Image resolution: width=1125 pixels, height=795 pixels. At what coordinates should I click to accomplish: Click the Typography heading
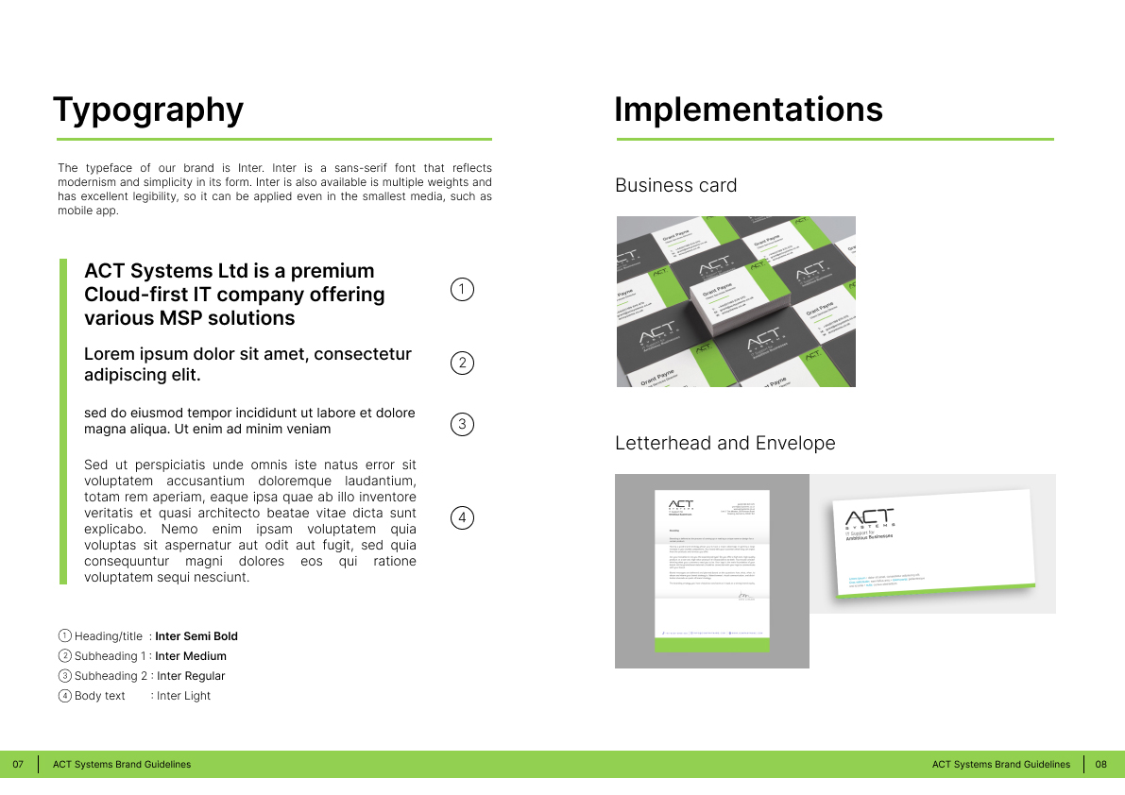pos(148,110)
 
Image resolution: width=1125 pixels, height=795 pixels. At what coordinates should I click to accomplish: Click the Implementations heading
pos(748,110)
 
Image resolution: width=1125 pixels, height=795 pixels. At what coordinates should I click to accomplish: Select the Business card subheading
pos(675,185)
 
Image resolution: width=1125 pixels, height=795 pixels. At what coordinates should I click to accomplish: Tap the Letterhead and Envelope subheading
pos(724,443)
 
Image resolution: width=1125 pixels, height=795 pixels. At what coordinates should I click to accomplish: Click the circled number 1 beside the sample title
pos(462,290)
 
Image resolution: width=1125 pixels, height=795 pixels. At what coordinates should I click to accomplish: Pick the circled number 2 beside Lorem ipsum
pos(462,363)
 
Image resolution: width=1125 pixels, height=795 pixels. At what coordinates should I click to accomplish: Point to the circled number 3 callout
pos(462,424)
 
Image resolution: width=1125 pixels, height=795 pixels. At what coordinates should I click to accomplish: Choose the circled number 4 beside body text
pos(462,517)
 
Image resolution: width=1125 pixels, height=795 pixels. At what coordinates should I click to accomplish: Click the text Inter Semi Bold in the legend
pos(196,636)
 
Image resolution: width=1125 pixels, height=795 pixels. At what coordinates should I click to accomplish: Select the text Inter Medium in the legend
pos(191,656)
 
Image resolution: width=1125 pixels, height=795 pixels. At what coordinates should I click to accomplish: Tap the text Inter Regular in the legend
pos(191,676)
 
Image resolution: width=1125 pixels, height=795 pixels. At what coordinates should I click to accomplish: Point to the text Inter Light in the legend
pos(183,696)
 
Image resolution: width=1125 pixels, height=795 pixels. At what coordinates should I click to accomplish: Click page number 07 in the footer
pos(17,765)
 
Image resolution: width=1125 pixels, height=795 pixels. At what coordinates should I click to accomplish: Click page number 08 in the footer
pos(1100,765)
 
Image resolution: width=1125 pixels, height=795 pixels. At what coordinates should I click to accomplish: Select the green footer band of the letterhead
pos(712,645)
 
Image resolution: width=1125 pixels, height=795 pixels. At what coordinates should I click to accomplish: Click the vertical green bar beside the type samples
pos(63,421)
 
